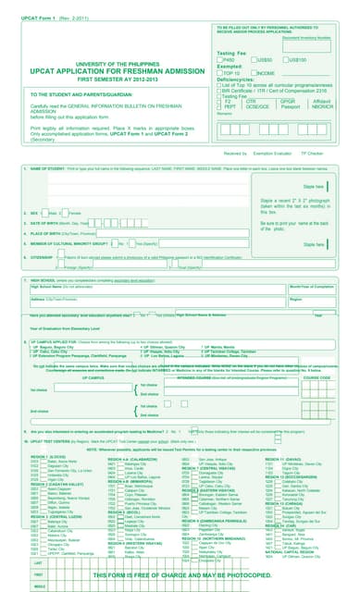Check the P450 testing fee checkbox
(221, 59)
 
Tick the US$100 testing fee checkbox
(285, 59)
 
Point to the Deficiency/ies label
(236, 80)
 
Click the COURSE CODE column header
(316, 377)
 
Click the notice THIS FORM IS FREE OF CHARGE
(180, 574)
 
